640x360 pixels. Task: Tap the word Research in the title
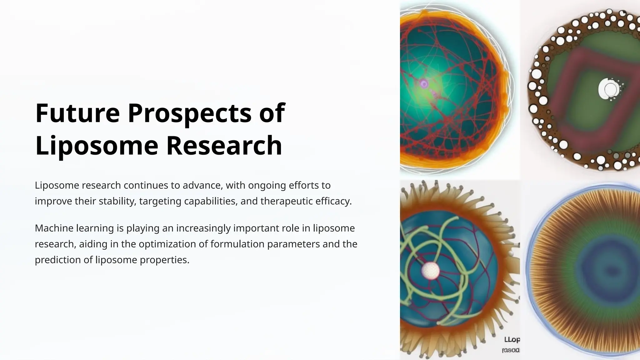(x=224, y=145)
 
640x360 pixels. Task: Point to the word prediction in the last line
(x=57, y=260)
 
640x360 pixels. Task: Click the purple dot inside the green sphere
(x=424, y=83)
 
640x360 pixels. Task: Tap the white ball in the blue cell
(x=430, y=270)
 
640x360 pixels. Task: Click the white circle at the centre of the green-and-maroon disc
(x=610, y=89)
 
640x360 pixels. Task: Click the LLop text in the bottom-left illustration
(x=512, y=339)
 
